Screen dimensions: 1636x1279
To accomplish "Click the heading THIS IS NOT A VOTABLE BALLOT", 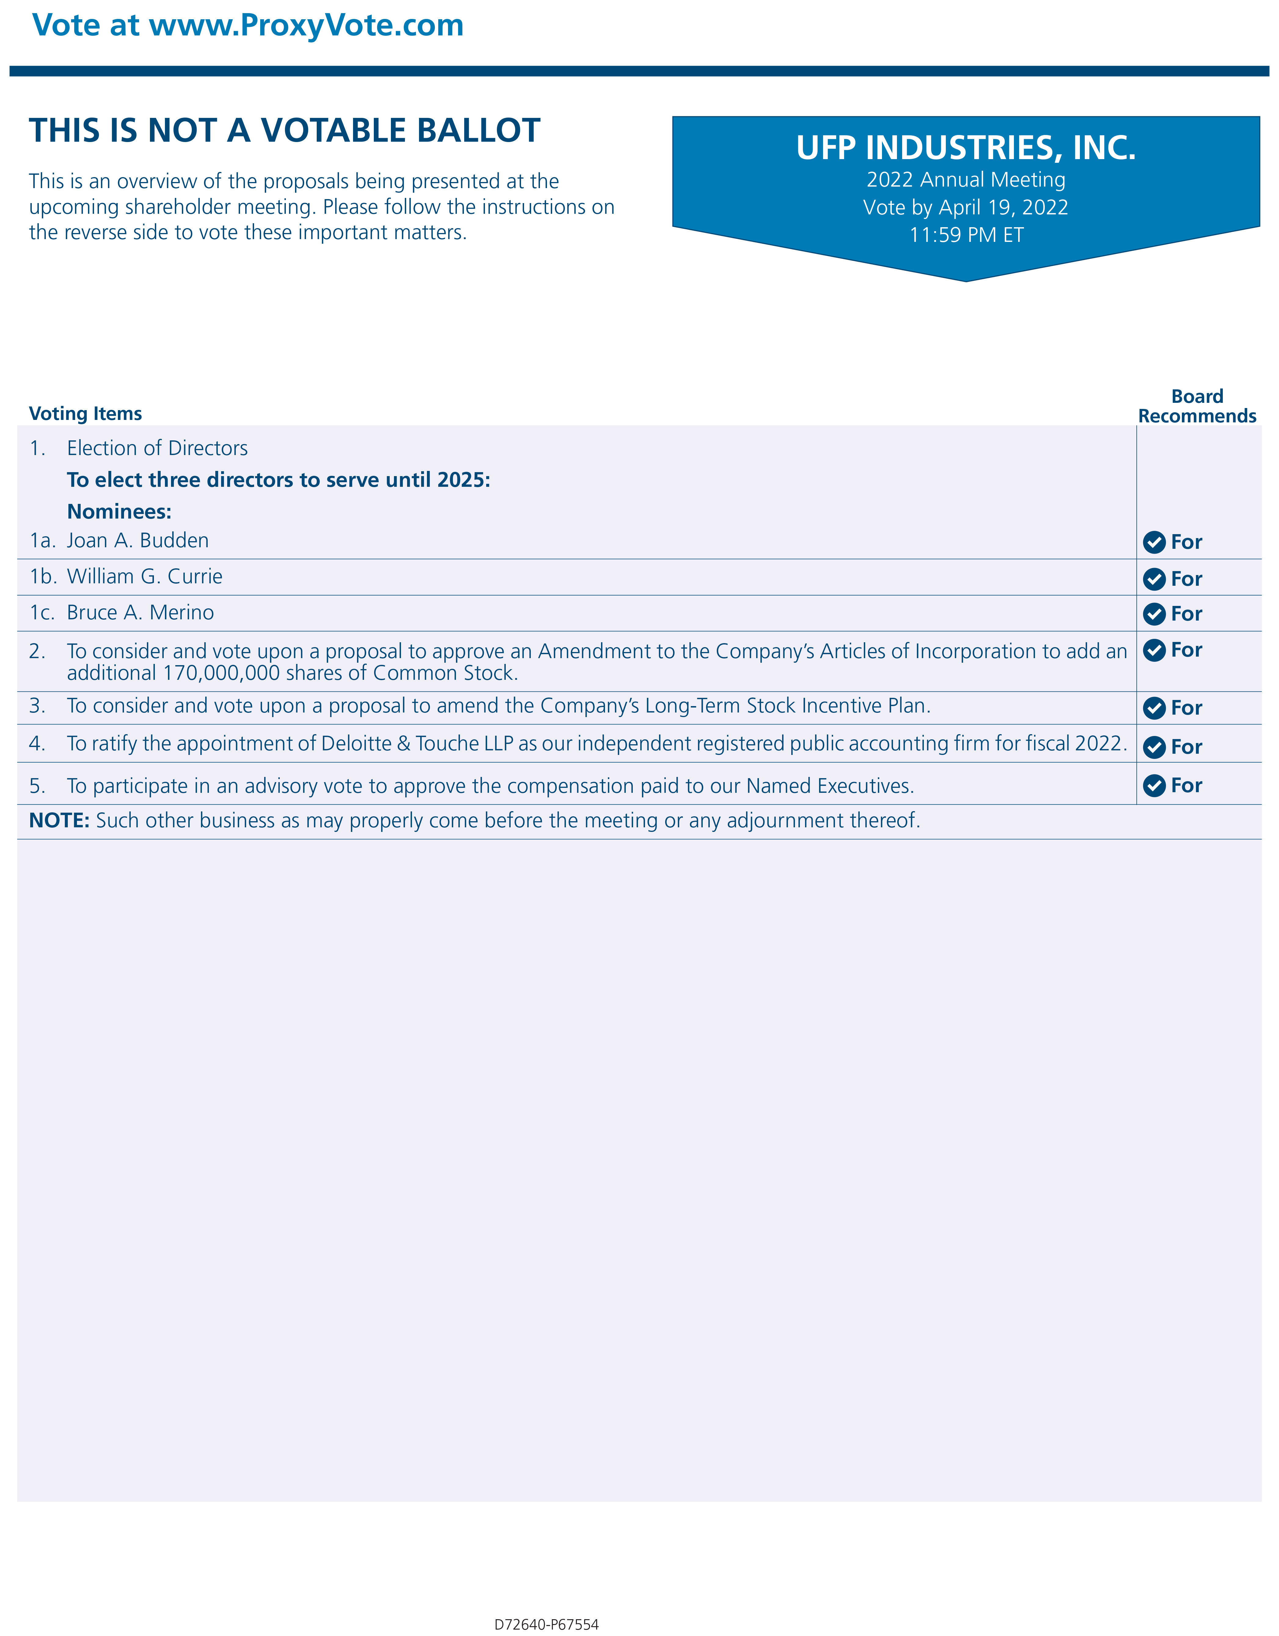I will point(285,130).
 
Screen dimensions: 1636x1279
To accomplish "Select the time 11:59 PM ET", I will point(966,235).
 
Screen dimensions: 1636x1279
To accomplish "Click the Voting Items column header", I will point(86,414).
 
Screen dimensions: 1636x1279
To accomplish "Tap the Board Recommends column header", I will point(1197,406).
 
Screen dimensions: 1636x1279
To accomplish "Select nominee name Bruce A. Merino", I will point(140,613).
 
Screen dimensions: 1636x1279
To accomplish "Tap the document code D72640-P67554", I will point(546,1624).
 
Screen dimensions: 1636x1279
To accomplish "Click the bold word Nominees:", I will point(119,512).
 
